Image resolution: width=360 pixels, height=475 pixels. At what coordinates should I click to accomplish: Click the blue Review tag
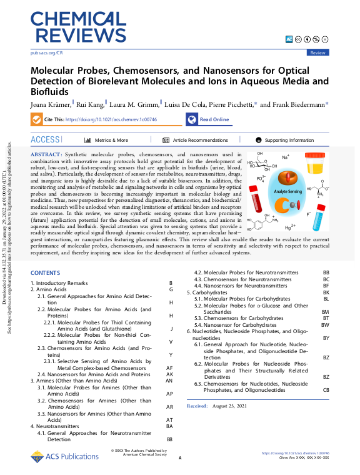[x=317, y=53]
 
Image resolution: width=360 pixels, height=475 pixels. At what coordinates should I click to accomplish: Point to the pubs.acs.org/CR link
[x=46, y=53]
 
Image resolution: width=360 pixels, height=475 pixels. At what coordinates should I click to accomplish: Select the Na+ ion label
[x=285, y=157]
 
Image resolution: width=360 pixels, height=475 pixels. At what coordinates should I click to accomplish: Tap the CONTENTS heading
[x=45, y=273]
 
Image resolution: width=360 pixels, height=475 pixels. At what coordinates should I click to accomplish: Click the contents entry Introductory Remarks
[x=59, y=284]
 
